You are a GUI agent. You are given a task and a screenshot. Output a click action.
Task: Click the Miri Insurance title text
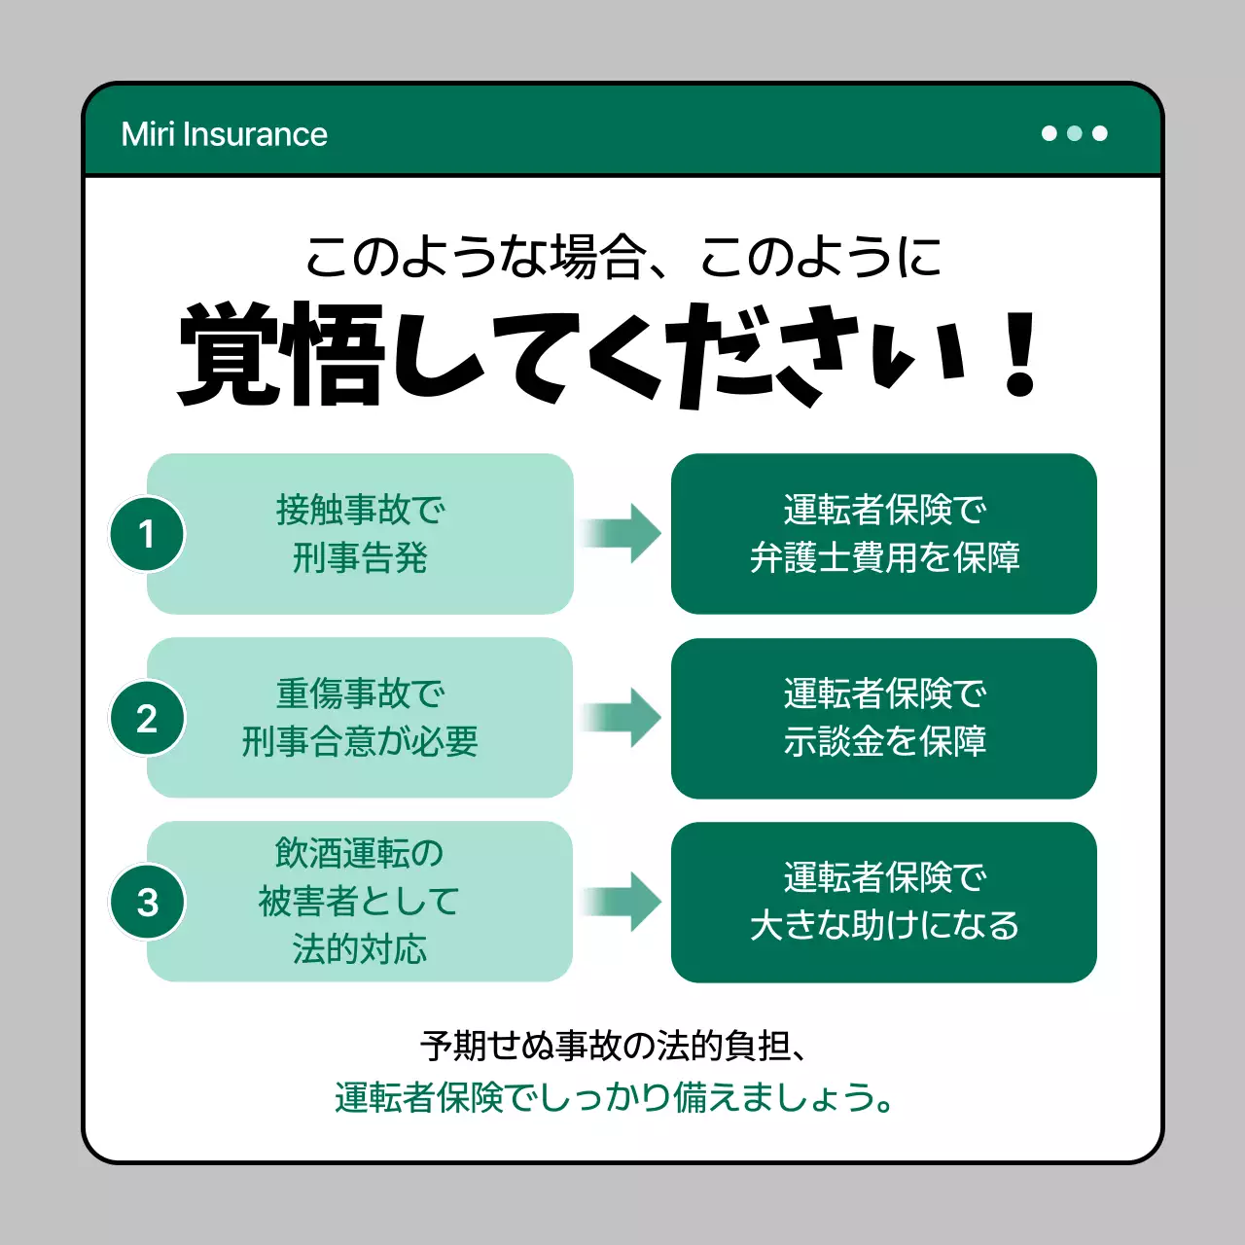pos(224,134)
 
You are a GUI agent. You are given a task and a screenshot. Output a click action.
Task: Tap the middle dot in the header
pos(1075,133)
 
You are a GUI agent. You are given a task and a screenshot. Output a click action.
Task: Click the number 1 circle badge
pos(147,534)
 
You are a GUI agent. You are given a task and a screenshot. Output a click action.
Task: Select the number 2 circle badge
pos(147,718)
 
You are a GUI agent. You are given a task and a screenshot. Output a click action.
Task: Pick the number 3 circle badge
pos(147,902)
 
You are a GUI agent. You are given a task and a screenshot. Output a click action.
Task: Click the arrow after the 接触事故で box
pos(622,533)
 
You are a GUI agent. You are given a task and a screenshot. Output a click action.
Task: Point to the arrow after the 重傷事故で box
pos(622,718)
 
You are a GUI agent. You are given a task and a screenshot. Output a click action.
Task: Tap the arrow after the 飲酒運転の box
pos(622,902)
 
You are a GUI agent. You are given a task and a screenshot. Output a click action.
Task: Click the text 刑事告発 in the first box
pos(360,558)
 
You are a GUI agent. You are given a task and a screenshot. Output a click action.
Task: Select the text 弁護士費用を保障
pos(884,558)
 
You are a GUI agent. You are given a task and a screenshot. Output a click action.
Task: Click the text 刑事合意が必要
pos(360,742)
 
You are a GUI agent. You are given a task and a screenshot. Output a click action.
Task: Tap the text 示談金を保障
pos(884,742)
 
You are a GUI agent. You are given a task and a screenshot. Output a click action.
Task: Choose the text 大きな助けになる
pos(884,925)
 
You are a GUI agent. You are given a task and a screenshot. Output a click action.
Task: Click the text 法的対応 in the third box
pos(360,949)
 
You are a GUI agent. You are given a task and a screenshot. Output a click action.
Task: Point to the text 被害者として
pos(360,902)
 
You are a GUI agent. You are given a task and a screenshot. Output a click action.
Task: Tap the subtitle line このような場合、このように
pos(622,258)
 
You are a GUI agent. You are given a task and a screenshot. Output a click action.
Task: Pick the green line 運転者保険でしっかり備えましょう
pos(613,1098)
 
